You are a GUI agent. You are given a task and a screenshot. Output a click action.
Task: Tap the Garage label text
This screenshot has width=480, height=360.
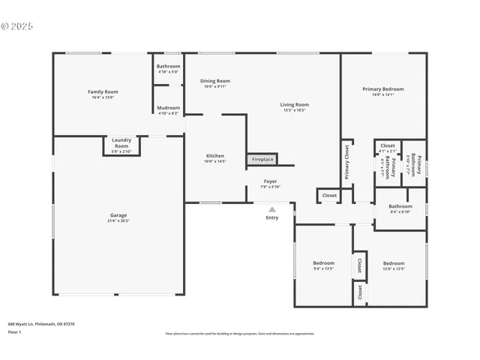pos(118,218)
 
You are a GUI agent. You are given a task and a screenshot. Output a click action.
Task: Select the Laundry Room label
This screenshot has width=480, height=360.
pos(121,142)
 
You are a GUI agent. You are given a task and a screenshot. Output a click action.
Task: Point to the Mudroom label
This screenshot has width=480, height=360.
pos(168,109)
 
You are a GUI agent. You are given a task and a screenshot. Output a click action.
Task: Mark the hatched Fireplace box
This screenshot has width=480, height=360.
pos(262,159)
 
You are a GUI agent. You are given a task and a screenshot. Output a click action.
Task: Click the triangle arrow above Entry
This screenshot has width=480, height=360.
pos(271,209)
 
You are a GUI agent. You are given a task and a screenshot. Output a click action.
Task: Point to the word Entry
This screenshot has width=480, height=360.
pos(271,217)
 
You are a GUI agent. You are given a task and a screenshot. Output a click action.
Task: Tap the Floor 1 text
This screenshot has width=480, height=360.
pos(14,331)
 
